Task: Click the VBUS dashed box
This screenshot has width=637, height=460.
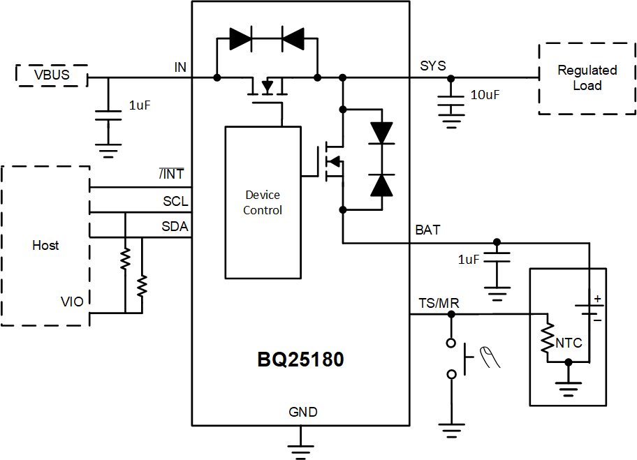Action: pos(52,75)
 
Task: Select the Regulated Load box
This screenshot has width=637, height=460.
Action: pos(587,78)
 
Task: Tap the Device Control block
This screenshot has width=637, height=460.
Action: pos(263,202)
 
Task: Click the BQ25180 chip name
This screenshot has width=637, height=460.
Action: pos(300,360)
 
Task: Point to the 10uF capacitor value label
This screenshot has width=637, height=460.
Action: pos(485,95)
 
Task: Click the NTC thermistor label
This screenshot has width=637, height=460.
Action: pos(569,343)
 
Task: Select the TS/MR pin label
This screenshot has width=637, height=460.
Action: pos(439,302)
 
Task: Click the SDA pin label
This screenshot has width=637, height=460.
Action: pos(175,227)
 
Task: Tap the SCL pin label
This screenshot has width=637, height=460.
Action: pos(175,201)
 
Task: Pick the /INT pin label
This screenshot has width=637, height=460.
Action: pos(172,175)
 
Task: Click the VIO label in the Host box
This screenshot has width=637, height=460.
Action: pos(72,302)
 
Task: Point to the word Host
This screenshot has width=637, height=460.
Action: pos(45,246)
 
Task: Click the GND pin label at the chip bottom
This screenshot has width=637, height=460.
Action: pos(302,412)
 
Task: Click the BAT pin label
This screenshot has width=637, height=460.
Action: pos(427,230)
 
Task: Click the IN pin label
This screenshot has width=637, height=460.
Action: pos(180,66)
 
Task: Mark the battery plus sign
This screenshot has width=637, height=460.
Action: pos(597,299)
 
